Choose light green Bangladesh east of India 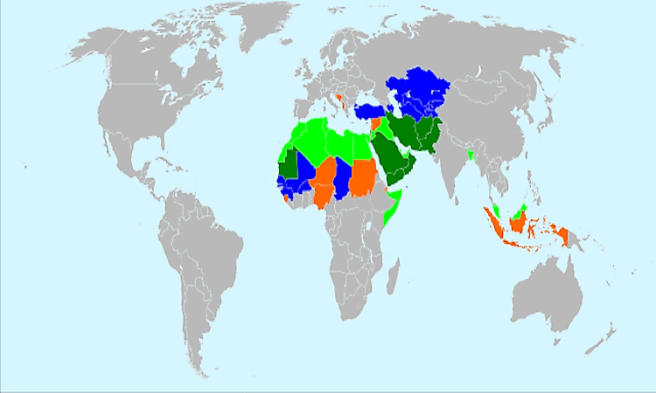(471, 155)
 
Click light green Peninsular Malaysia (496, 210)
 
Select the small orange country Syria (377, 123)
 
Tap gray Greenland (262, 31)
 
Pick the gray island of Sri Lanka (455, 194)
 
